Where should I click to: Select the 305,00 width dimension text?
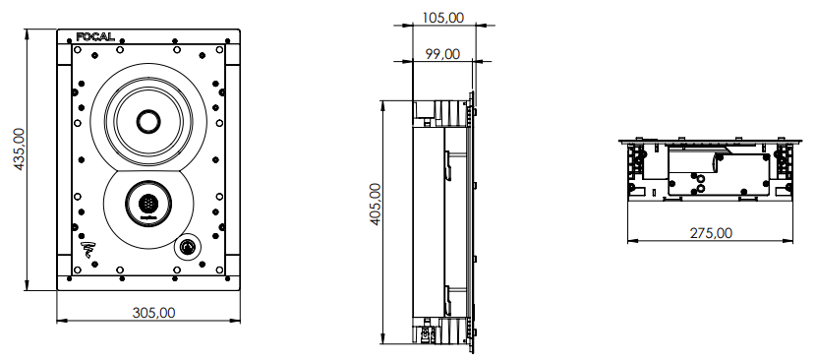coord(153,313)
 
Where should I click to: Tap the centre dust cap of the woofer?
coord(148,121)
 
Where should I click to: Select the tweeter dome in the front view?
coord(147,204)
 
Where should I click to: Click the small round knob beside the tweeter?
coord(185,246)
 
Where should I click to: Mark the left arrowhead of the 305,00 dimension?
coord(61,321)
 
